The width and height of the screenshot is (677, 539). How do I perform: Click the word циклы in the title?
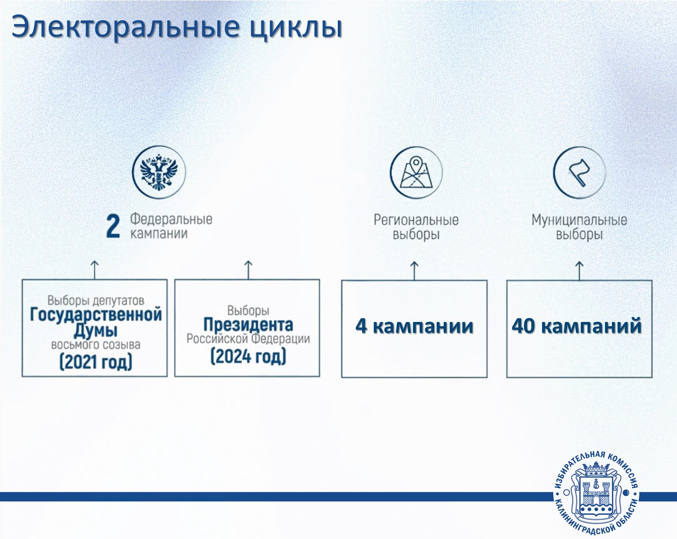click(x=296, y=28)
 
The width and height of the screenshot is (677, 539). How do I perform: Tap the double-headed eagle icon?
click(x=159, y=172)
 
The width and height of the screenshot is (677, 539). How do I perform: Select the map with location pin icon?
click(x=416, y=173)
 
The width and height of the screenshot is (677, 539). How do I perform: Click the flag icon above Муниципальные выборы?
click(x=579, y=173)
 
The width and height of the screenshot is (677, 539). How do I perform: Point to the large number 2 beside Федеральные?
click(x=113, y=226)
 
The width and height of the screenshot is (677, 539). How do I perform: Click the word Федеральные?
click(x=171, y=219)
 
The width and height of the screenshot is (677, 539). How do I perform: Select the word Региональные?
click(x=416, y=220)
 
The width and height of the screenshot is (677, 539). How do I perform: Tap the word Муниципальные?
click(x=579, y=220)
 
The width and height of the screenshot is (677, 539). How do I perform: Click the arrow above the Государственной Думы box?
click(x=94, y=270)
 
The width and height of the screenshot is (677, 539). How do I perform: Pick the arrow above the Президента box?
click(x=248, y=270)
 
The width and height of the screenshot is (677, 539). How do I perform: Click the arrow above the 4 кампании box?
click(x=414, y=271)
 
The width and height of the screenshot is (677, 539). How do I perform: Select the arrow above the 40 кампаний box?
click(x=579, y=271)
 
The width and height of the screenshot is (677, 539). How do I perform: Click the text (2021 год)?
click(x=96, y=362)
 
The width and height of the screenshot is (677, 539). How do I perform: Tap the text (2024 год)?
click(x=248, y=356)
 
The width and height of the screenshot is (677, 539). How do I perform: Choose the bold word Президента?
click(x=248, y=325)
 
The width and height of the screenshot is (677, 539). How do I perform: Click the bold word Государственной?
click(x=96, y=315)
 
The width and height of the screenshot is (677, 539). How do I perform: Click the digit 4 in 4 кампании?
click(x=361, y=326)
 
